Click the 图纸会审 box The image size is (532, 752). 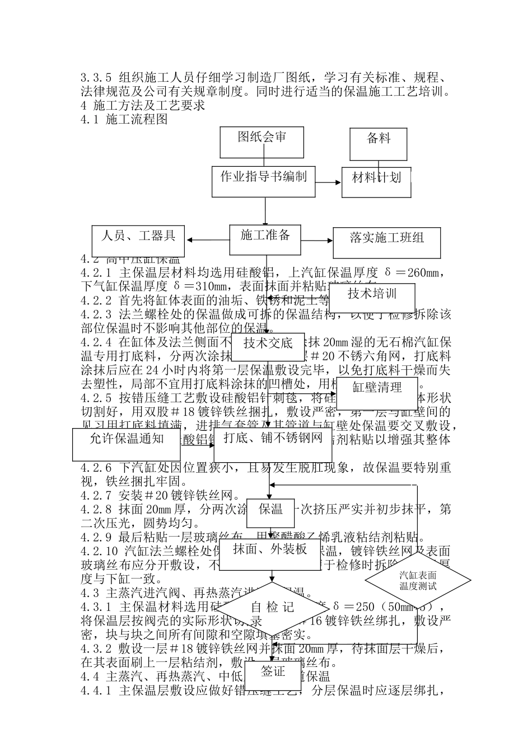coord(262,142)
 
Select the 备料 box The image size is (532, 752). coord(379,143)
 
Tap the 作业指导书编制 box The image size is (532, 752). coord(263,181)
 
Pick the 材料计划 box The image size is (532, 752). coord(376,182)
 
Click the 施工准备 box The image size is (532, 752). coord(265,240)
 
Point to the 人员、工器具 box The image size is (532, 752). coord(138,240)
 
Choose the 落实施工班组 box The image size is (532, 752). coord(386,242)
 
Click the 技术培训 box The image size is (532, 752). coord(372,298)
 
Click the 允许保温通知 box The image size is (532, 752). coord(127,444)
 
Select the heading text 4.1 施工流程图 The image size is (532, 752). coord(124,119)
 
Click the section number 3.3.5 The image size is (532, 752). coord(96,78)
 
